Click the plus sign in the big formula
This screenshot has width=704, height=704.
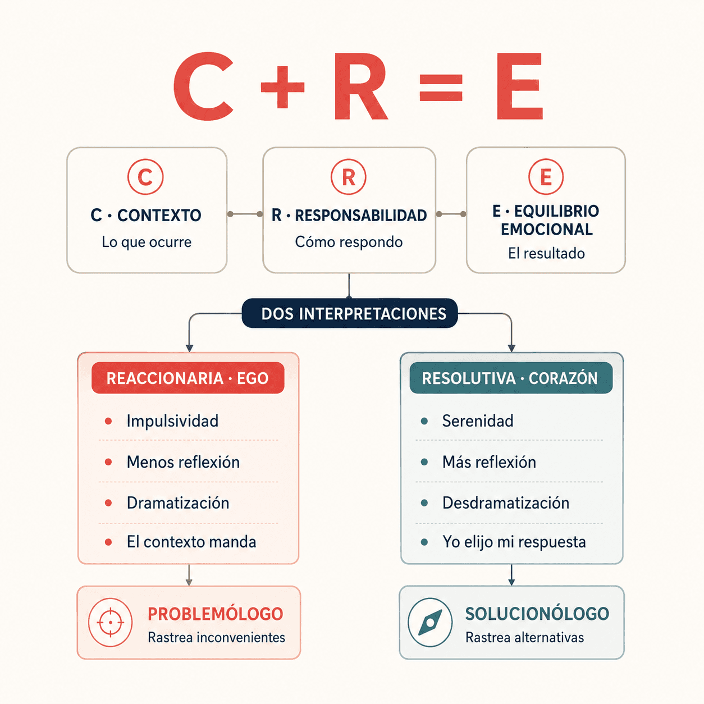tap(282, 87)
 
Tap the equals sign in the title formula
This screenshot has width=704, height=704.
tap(441, 88)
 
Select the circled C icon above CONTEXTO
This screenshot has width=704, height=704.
tap(145, 177)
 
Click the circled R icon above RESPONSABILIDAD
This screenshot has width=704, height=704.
tap(349, 177)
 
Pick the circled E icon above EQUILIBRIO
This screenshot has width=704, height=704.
tap(546, 177)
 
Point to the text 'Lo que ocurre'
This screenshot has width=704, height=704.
tap(147, 242)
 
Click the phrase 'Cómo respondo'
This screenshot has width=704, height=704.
tap(349, 242)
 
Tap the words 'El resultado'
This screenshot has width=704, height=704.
tap(546, 253)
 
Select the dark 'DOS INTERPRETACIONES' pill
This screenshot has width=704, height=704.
tap(350, 313)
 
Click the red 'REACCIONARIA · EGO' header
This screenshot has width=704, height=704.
tap(188, 378)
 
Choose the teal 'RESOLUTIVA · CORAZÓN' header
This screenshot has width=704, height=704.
tap(511, 378)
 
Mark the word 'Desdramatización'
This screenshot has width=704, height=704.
tap(506, 503)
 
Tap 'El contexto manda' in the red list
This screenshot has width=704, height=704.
tap(191, 542)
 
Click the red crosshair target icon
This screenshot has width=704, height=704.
tap(111, 623)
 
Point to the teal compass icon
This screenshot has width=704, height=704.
tap(430, 623)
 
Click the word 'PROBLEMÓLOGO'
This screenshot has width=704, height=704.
tap(215, 614)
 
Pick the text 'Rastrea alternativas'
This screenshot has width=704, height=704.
tap(524, 638)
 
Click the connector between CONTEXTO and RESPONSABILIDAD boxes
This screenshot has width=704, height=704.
tap(245, 214)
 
